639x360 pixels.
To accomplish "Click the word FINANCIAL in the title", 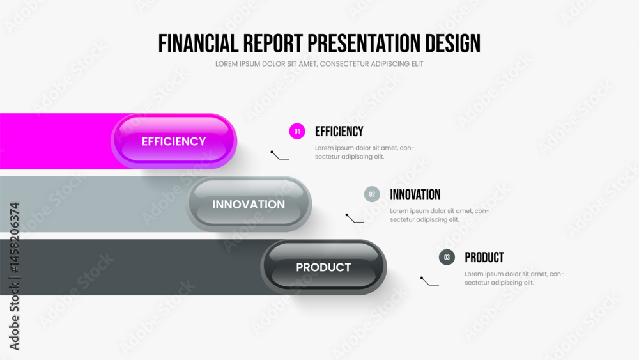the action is point(198,43).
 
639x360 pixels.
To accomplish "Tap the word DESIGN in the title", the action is point(453,43).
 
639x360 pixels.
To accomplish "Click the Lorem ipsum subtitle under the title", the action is point(319,63).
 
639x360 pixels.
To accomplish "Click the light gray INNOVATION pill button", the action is point(249,204).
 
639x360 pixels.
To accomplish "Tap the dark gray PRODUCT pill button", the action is point(323,267).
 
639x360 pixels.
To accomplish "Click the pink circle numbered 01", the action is point(297,131).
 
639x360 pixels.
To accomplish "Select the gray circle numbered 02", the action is point(372,194).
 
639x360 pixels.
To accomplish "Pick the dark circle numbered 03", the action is point(447,257).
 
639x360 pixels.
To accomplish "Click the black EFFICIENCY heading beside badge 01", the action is point(339,131).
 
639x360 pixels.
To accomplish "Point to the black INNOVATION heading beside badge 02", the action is point(415,194).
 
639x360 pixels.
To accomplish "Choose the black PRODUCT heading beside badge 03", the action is point(484,257).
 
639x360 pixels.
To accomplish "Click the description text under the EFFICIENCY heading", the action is point(364,152).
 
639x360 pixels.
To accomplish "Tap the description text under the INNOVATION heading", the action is point(440,215).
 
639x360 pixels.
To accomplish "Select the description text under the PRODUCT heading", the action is point(514,278).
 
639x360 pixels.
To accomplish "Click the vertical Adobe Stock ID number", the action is point(14,238).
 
